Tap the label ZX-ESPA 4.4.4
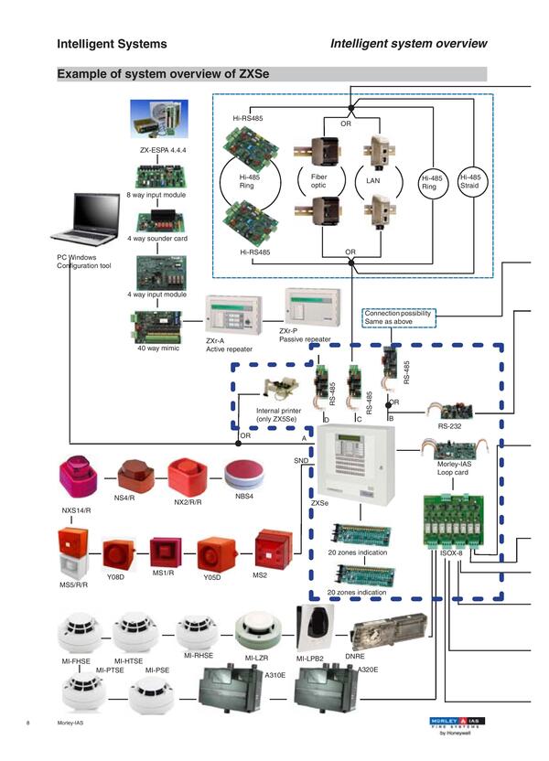click(x=161, y=148)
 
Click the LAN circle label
click(x=372, y=181)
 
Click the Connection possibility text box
click(x=398, y=316)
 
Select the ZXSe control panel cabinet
click(x=356, y=466)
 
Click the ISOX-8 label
click(x=442, y=552)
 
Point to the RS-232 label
click(x=448, y=425)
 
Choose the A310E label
click(x=275, y=675)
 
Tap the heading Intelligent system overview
click(x=408, y=43)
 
